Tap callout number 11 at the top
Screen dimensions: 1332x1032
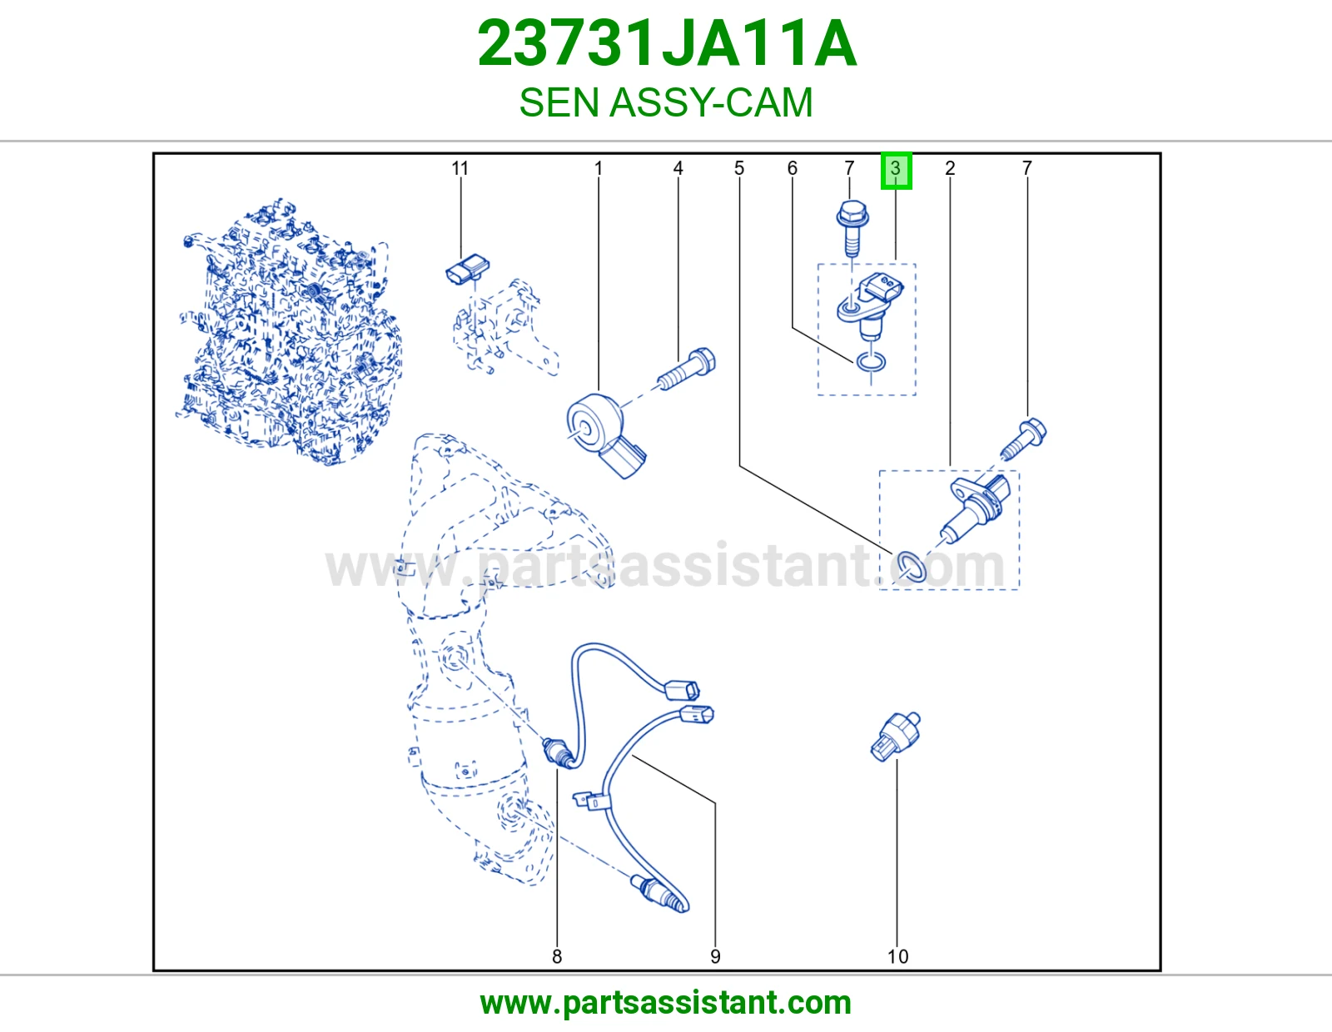coord(460,168)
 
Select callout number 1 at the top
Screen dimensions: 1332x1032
coord(599,168)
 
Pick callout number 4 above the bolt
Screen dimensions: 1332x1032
coord(678,168)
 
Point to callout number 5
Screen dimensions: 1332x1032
coord(739,168)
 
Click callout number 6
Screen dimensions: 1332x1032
coord(792,168)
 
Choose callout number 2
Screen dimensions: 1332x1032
coord(950,168)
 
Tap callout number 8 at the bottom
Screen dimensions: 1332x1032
coord(557,956)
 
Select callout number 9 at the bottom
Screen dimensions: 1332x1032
coord(715,956)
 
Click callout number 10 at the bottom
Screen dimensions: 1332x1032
coord(898,956)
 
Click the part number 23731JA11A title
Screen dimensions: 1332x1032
coord(667,43)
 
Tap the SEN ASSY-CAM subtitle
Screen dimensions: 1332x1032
coord(666,102)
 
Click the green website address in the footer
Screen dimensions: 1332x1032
coord(666,1003)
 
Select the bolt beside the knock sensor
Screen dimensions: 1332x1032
coord(687,369)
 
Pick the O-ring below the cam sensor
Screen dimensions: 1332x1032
coord(871,363)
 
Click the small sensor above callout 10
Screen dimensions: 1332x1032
coord(896,737)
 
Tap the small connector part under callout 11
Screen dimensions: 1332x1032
coord(468,269)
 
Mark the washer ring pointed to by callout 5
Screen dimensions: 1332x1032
coord(911,567)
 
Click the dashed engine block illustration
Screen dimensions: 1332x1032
coord(288,331)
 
